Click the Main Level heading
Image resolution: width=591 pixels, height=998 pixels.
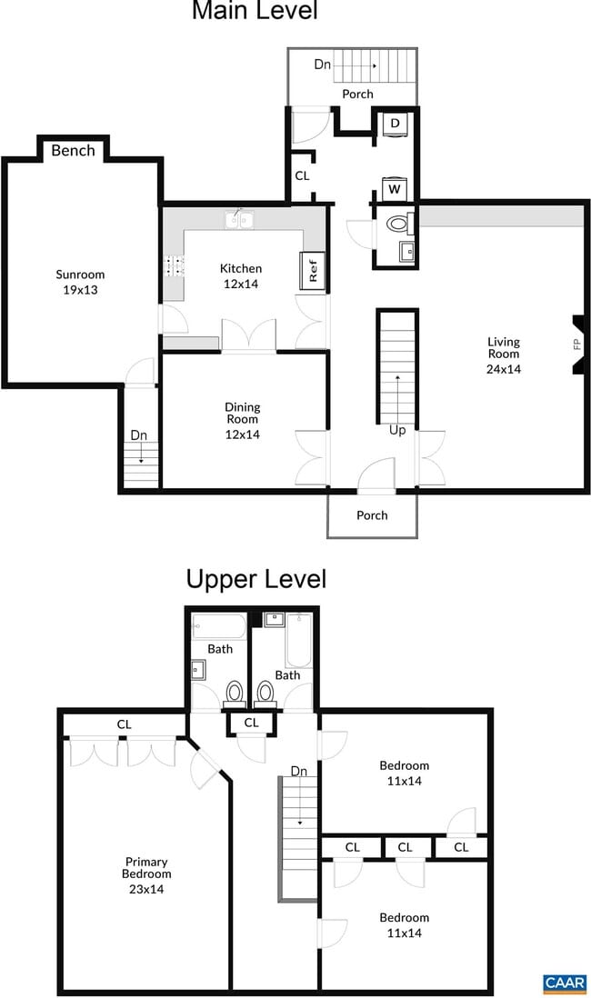point(255,10)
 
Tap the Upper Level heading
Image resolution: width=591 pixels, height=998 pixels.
point(256,579)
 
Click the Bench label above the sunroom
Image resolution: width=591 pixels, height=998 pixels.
point(74,151)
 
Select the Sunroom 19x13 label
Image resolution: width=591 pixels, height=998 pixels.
point(80,282)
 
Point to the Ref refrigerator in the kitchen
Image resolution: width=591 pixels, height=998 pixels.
point(313,271)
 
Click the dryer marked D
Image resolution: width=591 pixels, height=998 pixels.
point(395,124)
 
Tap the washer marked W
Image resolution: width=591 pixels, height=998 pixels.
point(395,188)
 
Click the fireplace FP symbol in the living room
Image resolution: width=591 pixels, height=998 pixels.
point(577,345)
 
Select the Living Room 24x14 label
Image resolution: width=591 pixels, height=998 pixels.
point(504,355)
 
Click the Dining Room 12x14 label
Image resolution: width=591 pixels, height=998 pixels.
point(243,421)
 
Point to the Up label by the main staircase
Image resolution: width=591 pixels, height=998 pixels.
point(397,431)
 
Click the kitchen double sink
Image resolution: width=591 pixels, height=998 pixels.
point(239,220)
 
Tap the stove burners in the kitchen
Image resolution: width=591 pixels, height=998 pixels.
point(175,265)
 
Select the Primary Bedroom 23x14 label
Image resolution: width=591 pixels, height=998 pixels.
point(146,875)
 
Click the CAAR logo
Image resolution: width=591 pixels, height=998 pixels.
point(565,983)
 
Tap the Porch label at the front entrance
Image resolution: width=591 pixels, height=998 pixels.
point(372,515)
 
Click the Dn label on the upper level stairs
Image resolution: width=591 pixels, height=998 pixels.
point(299,771)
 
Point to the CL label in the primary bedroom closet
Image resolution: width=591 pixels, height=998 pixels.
point(125,724)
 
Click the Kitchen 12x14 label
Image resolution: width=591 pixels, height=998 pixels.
point(241,276)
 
